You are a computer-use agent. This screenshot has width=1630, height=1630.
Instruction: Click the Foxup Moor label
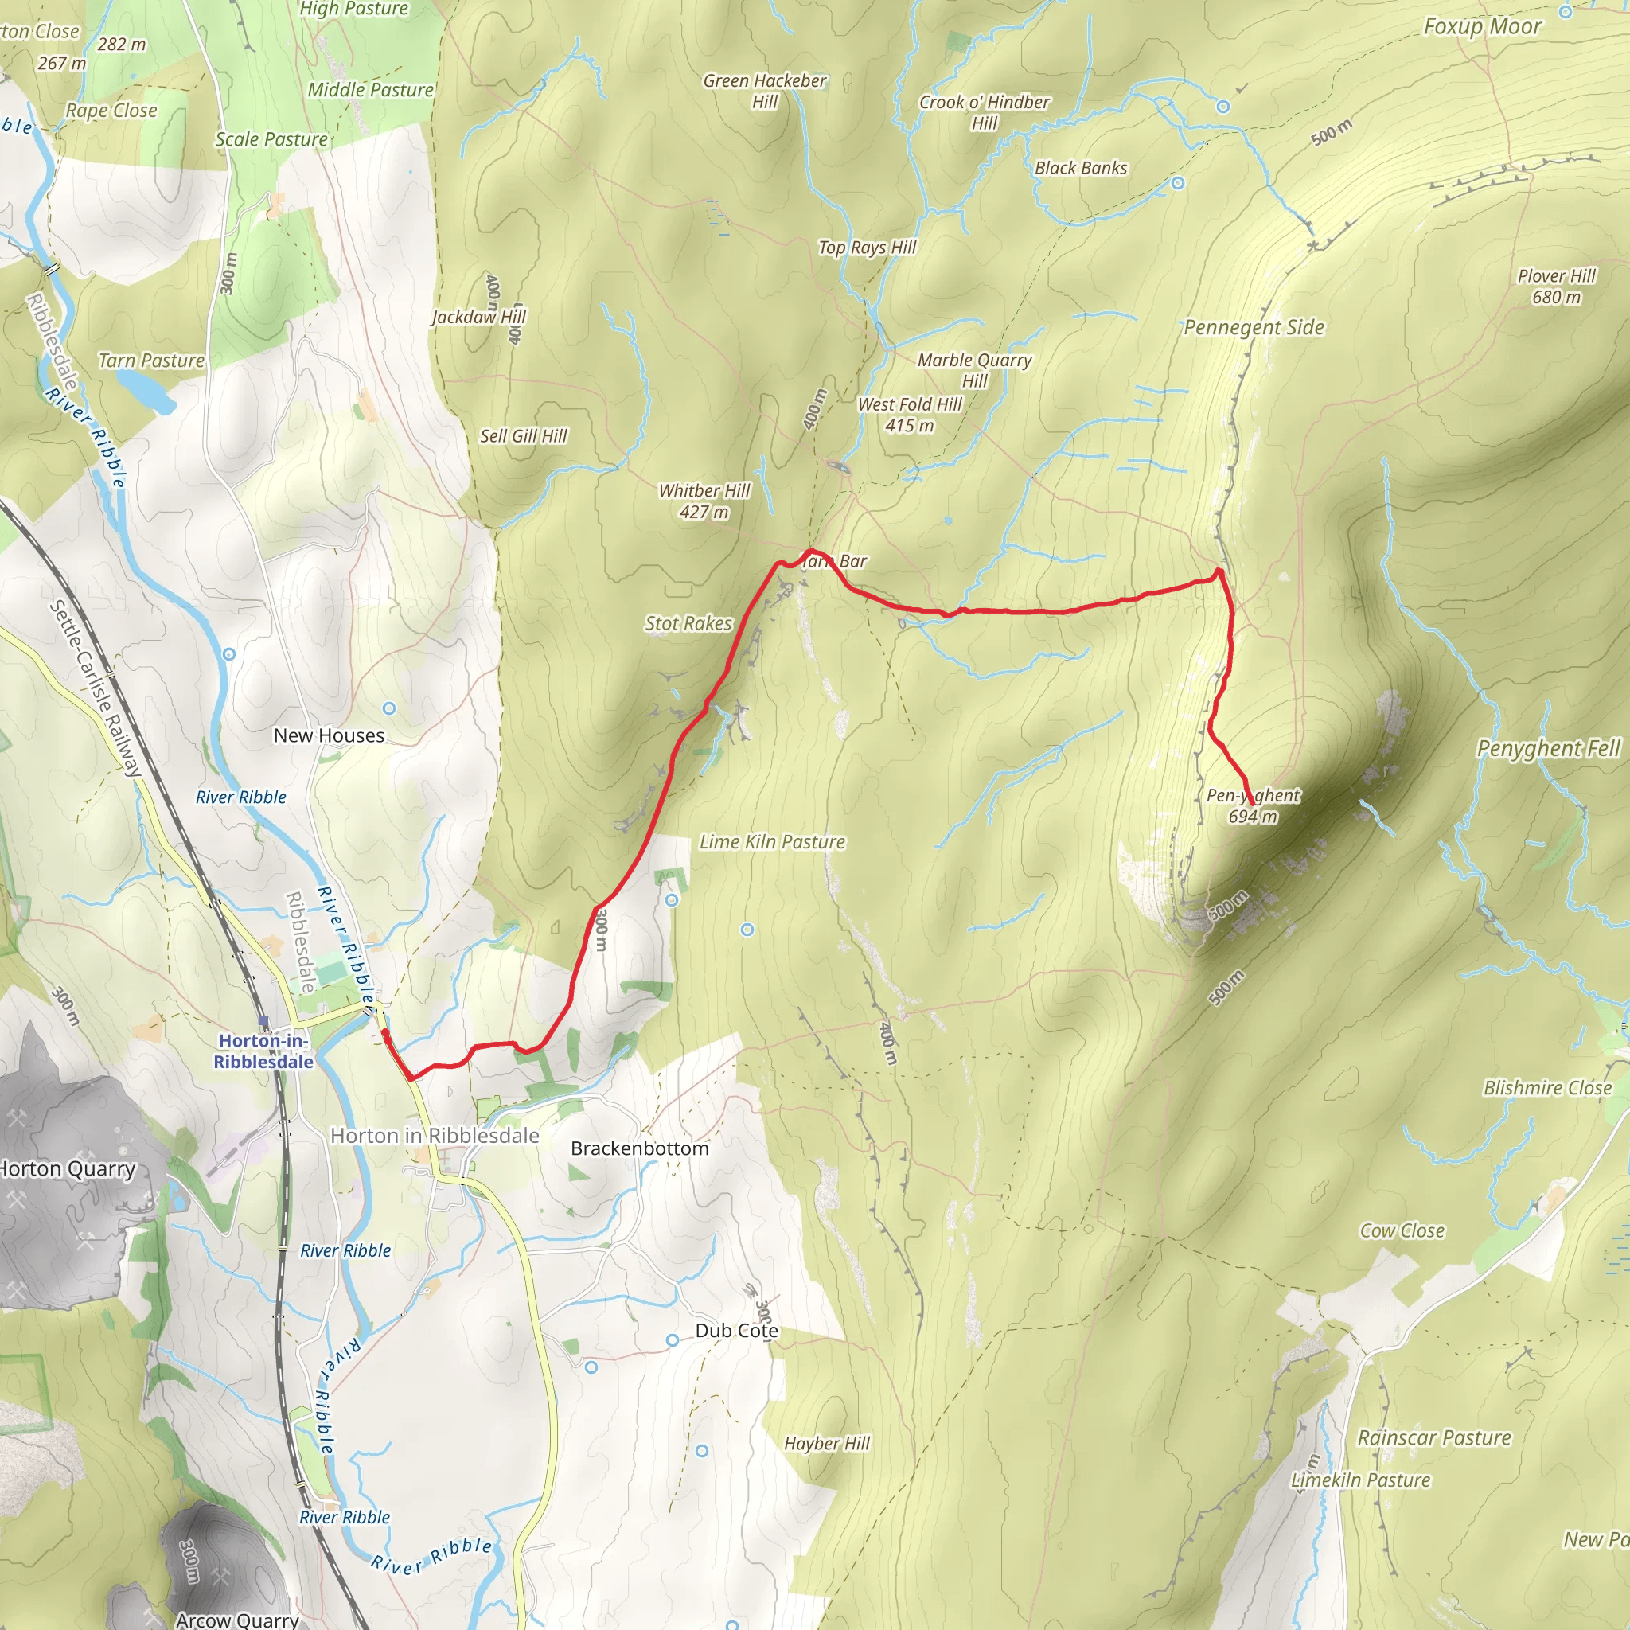[x=1482, y=27]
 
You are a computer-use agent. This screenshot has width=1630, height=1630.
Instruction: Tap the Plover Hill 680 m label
[x=1557, y=287]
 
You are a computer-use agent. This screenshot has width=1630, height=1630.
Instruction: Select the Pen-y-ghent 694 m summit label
[x=1253, y=805]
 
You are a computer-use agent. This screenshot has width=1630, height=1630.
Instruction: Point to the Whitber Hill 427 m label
[x=704, y=501]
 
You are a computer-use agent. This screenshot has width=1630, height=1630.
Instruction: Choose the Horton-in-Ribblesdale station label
[x=263, y=1051]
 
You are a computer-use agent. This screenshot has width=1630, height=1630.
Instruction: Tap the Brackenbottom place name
[x=640, y=1148]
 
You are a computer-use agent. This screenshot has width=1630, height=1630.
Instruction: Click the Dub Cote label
[x=736, y=1331]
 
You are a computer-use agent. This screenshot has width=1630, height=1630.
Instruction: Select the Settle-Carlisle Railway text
[x=96, y=688]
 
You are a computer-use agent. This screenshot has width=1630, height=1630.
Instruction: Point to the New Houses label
[x=329, y=735]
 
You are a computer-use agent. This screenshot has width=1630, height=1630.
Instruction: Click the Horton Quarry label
[x=68, y=1169]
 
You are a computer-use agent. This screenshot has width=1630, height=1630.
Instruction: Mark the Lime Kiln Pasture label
[x=772, y=842]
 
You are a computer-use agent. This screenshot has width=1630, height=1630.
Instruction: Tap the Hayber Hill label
[x=827, y=1444]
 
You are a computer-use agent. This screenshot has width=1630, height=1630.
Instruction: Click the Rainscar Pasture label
[x=1434, y=1437]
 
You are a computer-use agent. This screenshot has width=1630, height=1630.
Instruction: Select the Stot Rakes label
[x=688, y=623]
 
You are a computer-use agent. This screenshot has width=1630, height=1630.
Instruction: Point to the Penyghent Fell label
[x=1548, y=748]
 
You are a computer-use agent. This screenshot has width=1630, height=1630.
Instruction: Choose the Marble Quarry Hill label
[x=974, y=370]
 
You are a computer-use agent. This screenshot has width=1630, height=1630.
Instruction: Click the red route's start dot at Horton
[x=385, y=1032]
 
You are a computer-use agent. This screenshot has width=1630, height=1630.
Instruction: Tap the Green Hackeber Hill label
[x=764, y=91]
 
